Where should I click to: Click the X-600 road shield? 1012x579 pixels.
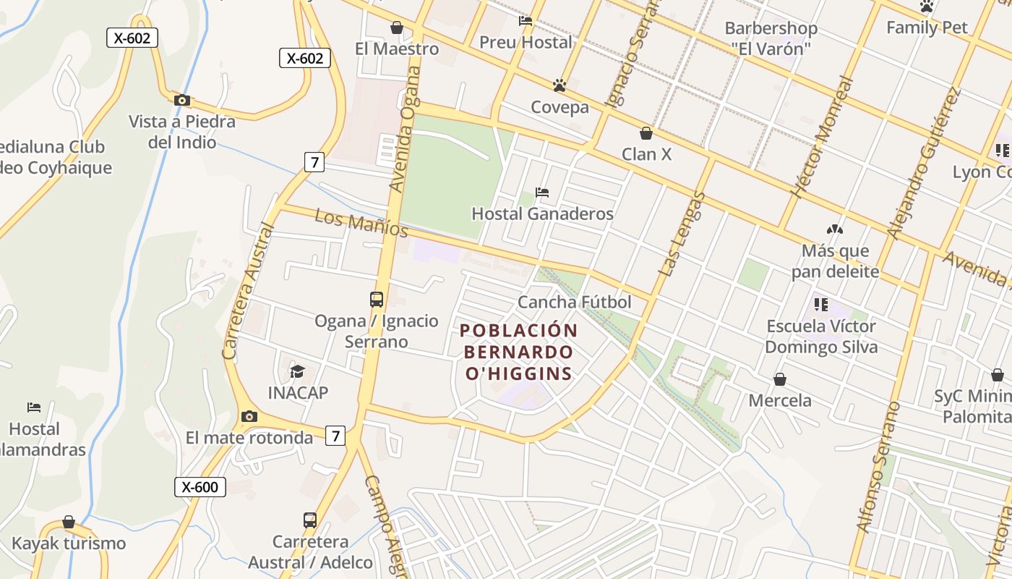click(x=200, y=487)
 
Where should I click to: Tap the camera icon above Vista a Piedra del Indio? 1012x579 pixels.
click(x=182, y=100)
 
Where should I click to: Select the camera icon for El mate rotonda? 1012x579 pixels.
click(x=249, y=416)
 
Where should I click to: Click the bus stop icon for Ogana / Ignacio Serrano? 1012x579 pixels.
click(x=377, y=299)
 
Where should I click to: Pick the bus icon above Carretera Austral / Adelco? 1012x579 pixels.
click(x=310, y=520)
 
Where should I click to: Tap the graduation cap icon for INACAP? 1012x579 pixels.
click(x=298, y=371)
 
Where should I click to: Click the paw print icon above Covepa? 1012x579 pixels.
click(x=559, y=85)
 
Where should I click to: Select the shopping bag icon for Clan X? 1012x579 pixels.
click(x=646, y=133)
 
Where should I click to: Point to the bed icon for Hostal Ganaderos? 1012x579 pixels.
click(x=542, y=193)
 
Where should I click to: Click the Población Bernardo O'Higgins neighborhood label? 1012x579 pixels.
click(x=519, y=352)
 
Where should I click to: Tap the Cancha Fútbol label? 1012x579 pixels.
click(x=575, y=303)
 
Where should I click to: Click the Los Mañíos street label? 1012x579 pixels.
click(x=362, y=223)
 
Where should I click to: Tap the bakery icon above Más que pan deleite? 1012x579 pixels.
click(x=835, y=229)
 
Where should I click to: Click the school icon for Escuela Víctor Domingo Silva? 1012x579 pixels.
click(x=820, y=304)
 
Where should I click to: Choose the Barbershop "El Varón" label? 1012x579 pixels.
click(x=771, y=38)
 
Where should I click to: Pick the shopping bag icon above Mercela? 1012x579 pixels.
click(x=780, y=379)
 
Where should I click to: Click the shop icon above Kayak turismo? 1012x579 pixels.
click(x=69, y=522)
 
